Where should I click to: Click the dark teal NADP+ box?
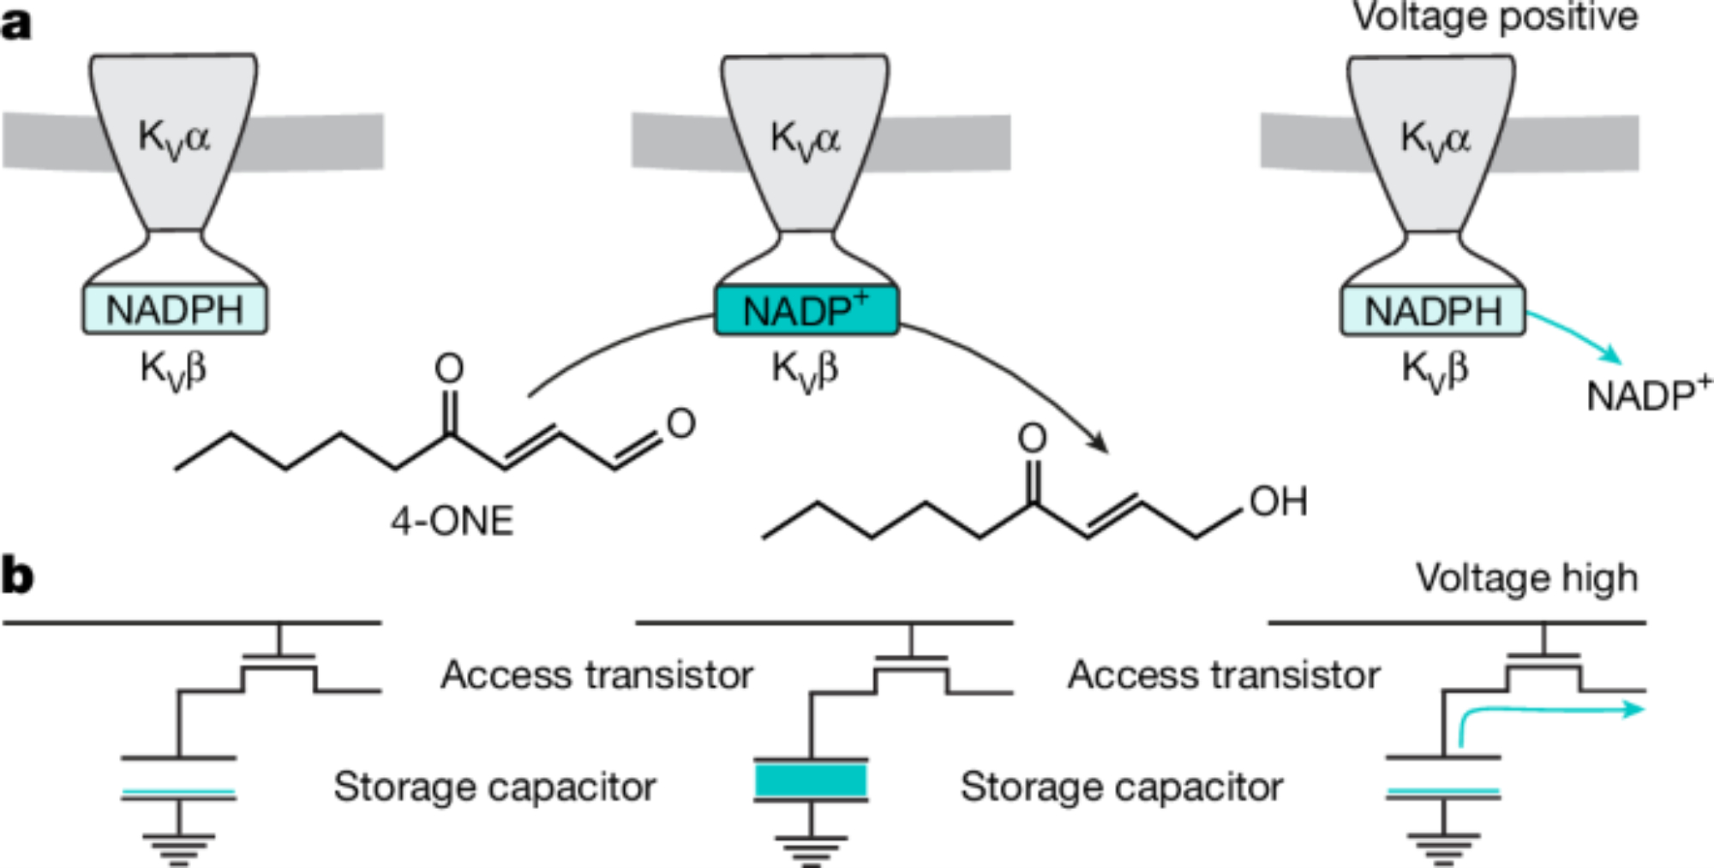pos(806,310)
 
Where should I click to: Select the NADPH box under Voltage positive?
pos(1433,310)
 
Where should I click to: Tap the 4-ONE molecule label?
pos(452,521)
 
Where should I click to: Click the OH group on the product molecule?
pos(1278,502)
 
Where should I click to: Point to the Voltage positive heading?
pos(1495,16)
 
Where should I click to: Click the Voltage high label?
pos(1526,578)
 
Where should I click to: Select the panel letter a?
pos(16,23)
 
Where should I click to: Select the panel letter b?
pos(18,576)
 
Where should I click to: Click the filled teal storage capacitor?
pos(811,781)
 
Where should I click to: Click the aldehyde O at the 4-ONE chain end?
pos(680,423)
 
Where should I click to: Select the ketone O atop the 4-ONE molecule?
pos(449,369)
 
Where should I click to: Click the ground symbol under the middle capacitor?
pos(811,848)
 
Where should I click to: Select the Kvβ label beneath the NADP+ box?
pos(805,371)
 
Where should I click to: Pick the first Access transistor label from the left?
pos(596,675)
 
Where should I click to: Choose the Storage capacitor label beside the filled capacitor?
pos(1121,787)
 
